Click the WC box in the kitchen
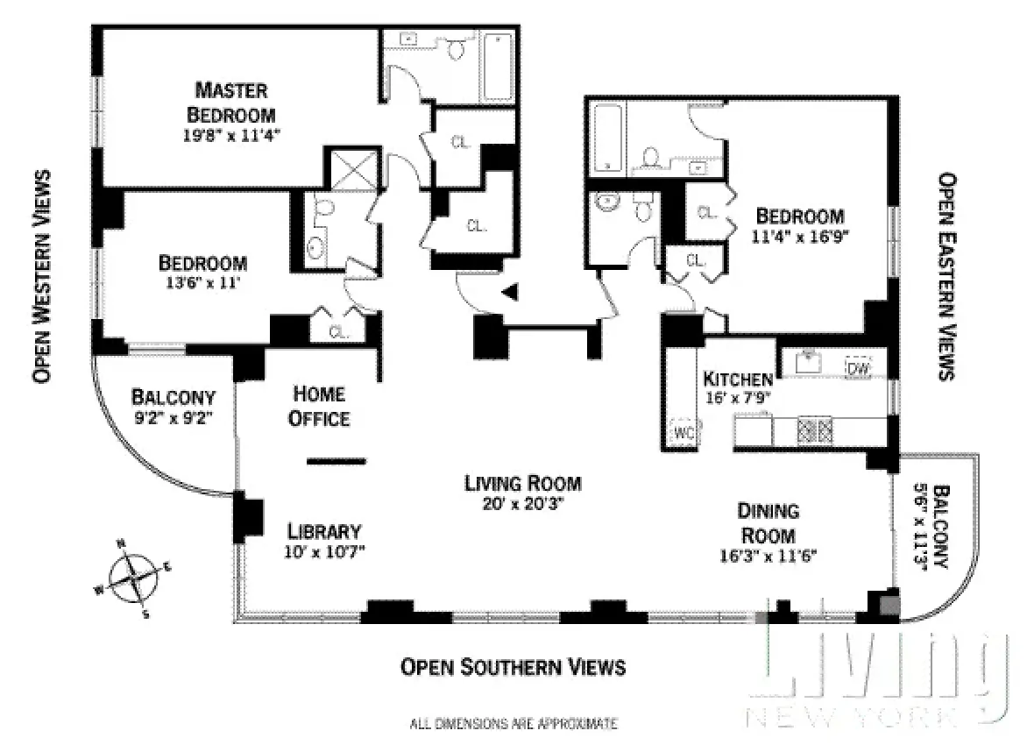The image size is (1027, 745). pos(683,432)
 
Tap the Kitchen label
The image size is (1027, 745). pos(738,380)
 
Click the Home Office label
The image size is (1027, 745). pos(319,407)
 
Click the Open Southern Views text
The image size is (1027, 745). pos(513,667)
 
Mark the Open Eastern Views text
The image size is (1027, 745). pos(946,276)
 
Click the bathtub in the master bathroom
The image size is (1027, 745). pos(497,67)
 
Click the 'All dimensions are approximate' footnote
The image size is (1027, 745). pos(513,724)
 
